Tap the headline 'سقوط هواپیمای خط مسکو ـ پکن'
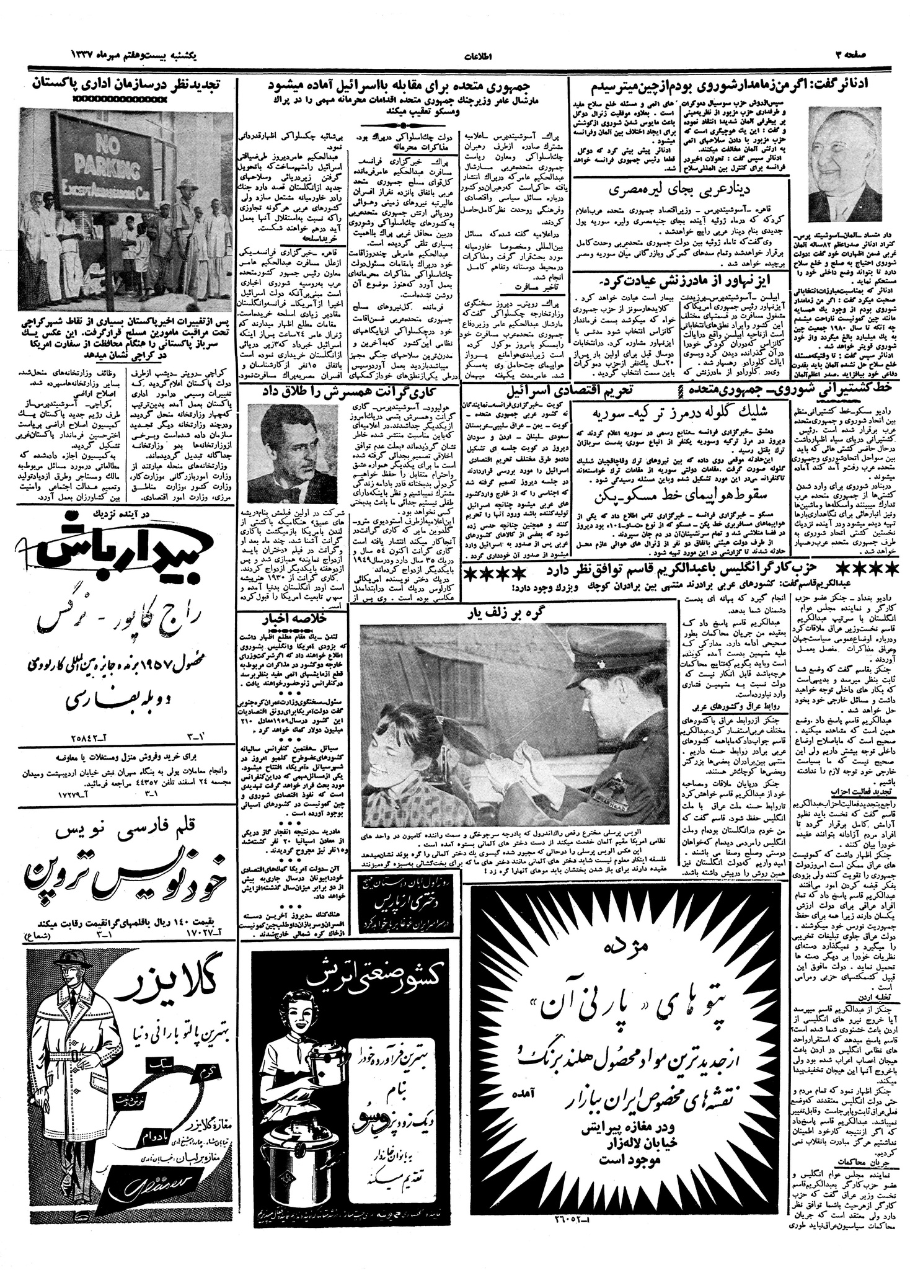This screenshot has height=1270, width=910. pos(676,497)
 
